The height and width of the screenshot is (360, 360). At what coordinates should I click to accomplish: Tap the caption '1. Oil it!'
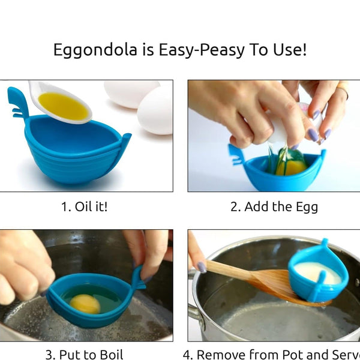tap(84, 207)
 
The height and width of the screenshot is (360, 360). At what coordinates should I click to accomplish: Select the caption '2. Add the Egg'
tap(274, 207)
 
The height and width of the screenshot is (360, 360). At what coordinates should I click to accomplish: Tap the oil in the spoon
tap(64, 106)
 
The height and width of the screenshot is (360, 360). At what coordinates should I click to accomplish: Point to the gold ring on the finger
tap(342, 91)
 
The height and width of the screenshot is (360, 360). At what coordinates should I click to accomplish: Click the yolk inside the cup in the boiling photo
tap(85, 304)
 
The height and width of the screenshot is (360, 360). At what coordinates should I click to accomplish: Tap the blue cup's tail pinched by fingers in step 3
tap(137, 279)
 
